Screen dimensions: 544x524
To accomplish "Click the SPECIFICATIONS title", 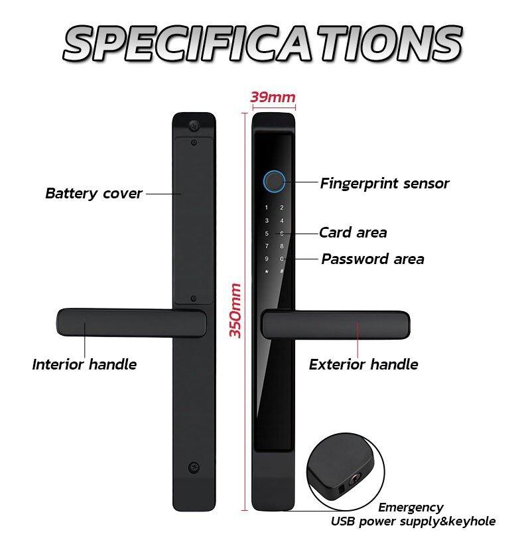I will point(262,42).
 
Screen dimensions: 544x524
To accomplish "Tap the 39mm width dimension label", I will point(273,98).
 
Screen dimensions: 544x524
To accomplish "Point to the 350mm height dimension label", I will point(235,310).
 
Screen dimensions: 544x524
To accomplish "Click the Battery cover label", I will point(94,194).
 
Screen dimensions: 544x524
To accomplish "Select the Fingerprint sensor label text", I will point(385,183).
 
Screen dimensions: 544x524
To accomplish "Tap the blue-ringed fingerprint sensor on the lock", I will point(274,180).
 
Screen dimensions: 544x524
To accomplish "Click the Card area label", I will point(353,233).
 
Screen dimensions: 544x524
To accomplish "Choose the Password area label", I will point(373,259).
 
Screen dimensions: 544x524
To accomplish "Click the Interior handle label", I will point(84,364).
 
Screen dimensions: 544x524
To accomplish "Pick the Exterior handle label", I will point(363,364).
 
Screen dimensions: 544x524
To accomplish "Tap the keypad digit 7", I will point(267,246).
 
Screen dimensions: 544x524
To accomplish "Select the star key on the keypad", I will point(267,271).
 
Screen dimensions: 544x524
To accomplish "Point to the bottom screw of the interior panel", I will point(193,467).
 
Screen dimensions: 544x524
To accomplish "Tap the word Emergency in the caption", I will point(411,508).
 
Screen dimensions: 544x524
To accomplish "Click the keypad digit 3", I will point(267,221).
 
